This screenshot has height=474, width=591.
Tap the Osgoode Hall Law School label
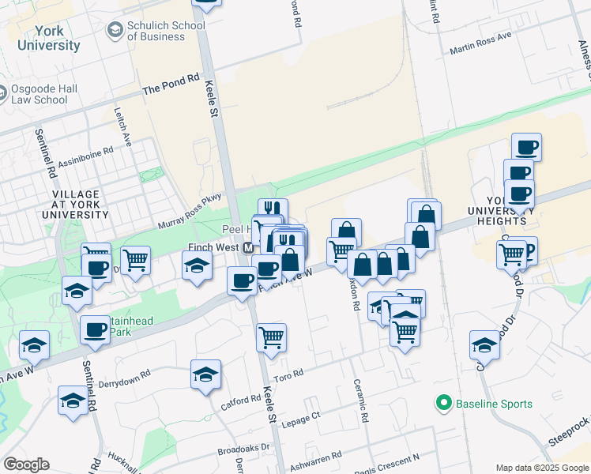[40, 95]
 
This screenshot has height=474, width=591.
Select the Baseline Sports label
[494, 404]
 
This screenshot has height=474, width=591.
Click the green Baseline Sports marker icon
[443, 404]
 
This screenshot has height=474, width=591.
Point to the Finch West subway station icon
[248, 247]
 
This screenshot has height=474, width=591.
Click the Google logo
[26, 465]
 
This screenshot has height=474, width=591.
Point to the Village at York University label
[76, 204]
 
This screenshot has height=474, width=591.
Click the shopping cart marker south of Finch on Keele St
[271, 337]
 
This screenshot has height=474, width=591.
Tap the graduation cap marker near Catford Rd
[205, 373]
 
